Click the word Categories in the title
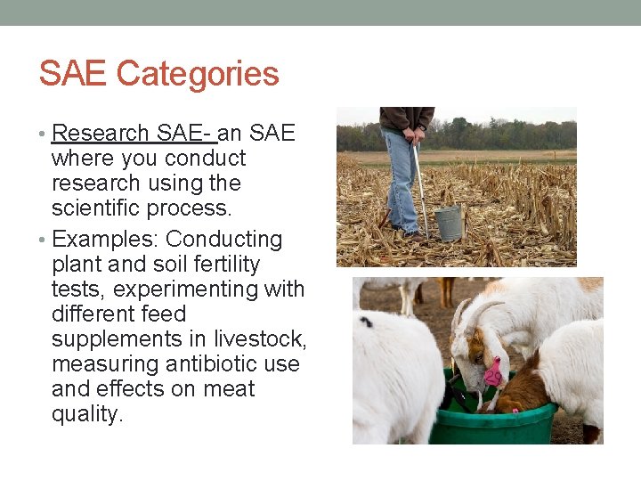(198, 74)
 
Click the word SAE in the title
(73, 74)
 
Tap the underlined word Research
(101, 134)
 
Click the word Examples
(105, 240)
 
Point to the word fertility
(217, 265)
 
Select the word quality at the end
(86, 414)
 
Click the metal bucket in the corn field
(450, 223)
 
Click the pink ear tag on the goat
(492, 373)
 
